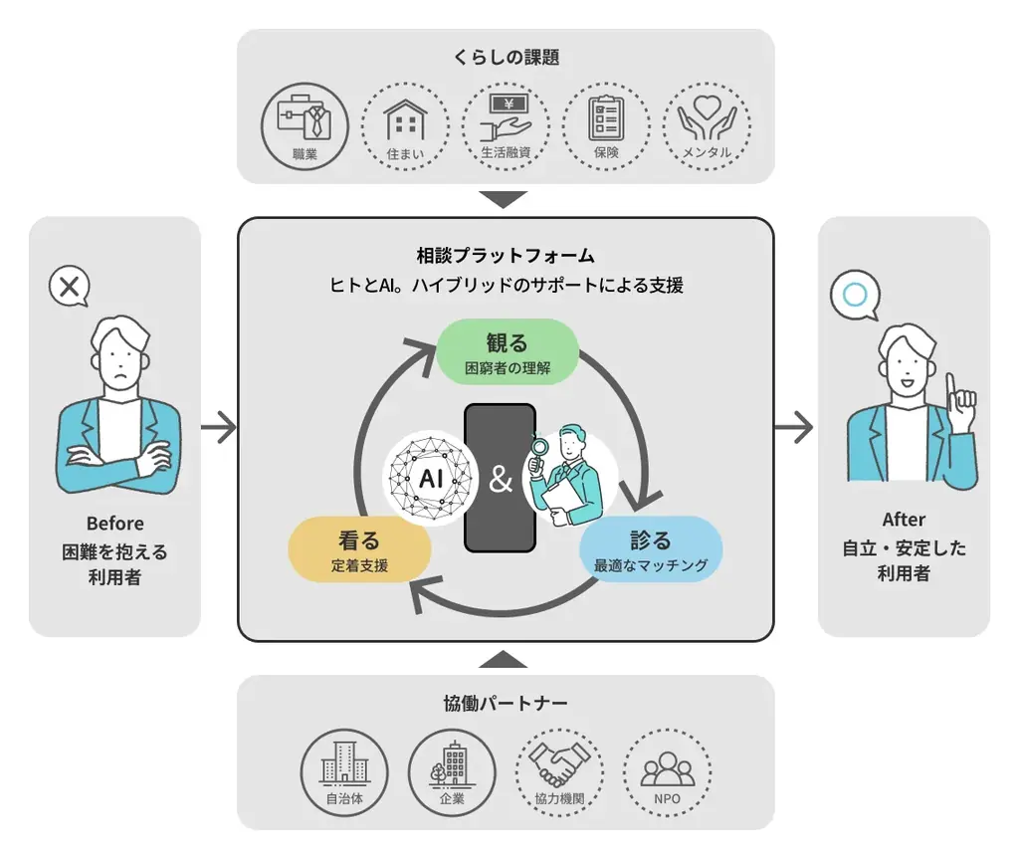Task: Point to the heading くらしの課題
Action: [x=506, y=58]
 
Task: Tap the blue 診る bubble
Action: [x=651, y=549]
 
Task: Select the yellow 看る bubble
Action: [x=359, y=550]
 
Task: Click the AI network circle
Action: [x=431, y=478]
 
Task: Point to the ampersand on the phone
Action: [x=501, y=480]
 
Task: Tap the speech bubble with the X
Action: [x=69, y=289]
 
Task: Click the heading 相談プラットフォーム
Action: [x=506, y=255]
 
